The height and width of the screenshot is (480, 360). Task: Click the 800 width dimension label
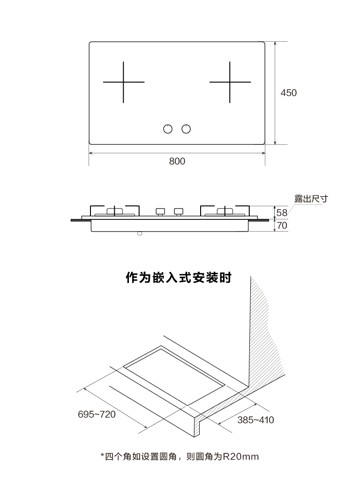[x=177, y=161]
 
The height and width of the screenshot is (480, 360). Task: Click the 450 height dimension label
[x=288, y=93]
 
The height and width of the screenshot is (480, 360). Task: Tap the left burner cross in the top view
[x=123, y=82]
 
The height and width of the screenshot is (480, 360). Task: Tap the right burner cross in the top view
[x=230, y=82]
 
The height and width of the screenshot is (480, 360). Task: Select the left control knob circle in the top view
[x=168, y=129]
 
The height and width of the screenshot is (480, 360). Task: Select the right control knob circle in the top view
[x=186, y=129]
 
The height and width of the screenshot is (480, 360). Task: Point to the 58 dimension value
[x=282, y=212]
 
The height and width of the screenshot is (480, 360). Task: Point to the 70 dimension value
[x=282, y=225]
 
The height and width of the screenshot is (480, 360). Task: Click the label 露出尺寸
[x=311, y=199]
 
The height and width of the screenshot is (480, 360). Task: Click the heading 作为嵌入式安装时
[x=179, y=277]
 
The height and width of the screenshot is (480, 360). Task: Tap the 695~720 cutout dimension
[x=97, y=414]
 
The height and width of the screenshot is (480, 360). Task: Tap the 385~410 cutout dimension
[x=255, y=420]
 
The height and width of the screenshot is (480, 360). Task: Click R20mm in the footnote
[x=240, y=457]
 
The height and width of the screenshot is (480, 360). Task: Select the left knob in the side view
[x=160, y=212]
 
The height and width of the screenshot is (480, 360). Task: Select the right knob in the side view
[x=179, y=212]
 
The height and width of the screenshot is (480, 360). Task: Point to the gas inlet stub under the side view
[x=140, y=233]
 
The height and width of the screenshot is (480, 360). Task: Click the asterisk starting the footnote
[x=103, y=456]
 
